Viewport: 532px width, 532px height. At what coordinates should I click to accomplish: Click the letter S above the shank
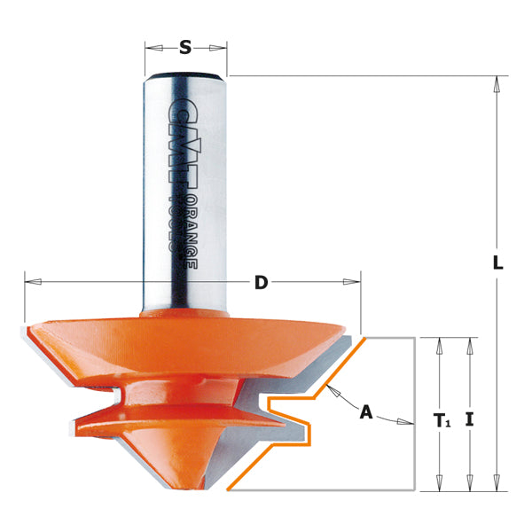(x=185, y=48)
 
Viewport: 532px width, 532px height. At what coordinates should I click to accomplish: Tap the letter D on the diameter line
(x=261, y=283)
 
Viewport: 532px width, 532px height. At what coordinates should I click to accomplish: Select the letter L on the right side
(x=498, y=263)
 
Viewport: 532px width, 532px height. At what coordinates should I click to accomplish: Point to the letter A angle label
(x=364, y=411)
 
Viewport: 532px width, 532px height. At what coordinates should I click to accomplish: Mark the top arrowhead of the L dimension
(x=497, y=82)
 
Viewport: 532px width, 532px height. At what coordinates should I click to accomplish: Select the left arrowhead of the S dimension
(x=152, y=48)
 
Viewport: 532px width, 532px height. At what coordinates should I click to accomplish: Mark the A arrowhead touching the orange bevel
(x=331, y=391)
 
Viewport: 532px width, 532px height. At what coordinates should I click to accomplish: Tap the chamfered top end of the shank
(x=185, y=74)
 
